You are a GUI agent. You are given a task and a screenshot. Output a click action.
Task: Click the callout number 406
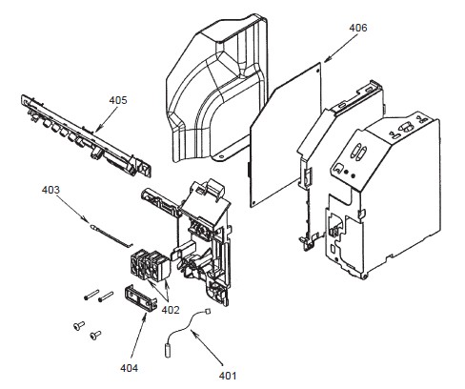tap(358, 28)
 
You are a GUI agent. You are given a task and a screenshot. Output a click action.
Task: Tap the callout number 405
tap(118, 100)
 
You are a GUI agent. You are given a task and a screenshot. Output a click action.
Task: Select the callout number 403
tap(51, 190)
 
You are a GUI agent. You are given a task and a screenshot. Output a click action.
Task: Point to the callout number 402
tap(171, 310)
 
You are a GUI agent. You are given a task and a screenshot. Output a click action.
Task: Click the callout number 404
tap(130, 368)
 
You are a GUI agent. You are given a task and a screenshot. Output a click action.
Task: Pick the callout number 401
tap(228, 376)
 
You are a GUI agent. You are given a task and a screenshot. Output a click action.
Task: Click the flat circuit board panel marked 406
tap(285, 135)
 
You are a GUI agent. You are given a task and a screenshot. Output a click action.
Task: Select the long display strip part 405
tap(86, 134)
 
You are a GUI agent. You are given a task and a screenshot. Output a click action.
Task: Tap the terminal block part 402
tap(151, 266)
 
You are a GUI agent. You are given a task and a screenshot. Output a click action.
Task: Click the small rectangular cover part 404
tap(141, 297)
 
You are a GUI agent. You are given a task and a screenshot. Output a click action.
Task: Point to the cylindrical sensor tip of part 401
tap(168, 351)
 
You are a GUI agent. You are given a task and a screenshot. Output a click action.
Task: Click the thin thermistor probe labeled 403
tap(111, 235)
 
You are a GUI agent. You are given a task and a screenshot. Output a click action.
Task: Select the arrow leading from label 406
tap(341, 48)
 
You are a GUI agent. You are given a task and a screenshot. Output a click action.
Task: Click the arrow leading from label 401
tap(207, 347)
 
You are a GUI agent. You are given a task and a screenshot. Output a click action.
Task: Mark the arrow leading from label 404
tap(138, 338)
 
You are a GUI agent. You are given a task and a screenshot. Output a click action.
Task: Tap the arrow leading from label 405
tap(107, 119)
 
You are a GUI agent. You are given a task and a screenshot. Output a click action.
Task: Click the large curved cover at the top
tap(217, 89)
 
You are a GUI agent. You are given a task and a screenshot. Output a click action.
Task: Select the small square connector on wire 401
tap(208, 311)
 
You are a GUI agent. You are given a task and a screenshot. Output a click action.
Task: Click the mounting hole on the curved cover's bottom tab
tap(221, 156)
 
